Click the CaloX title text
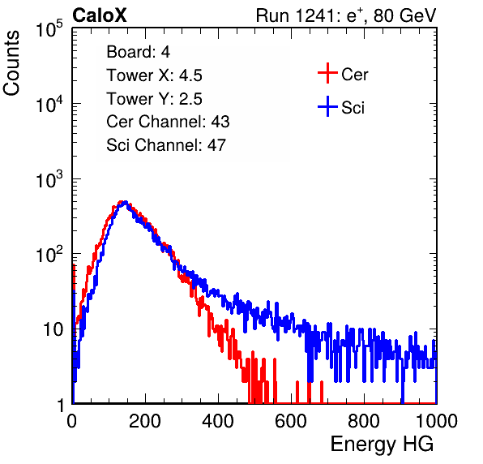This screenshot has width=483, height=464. pyautogui.click(x=100, y=15)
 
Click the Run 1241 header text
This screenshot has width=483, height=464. pyautogui.click(x=346, y=15)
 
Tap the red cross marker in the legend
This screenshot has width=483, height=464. pyautogui.click(x=327, y=73)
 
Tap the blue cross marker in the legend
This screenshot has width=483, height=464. pyautogui.click(x=327, y=106)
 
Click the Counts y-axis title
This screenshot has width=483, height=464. pyautogui.click(x=11, y=63)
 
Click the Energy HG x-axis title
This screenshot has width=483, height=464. pyautogui.click(x=382, y=445)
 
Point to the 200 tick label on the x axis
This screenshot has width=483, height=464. pyautogui.click(x=145, y=421)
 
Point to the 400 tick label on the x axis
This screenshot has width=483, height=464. pyautogui.click(x=218, y=421)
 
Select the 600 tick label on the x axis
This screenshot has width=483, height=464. pyautogui.click(x=291, y=421)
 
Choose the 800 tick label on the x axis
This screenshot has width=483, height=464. pyautogui.click(x=364, y=421)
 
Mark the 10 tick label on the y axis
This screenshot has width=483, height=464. pyautogui.click(x=53, y=329)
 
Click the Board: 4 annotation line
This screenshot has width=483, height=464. pyautogui.click(x=138, y=52)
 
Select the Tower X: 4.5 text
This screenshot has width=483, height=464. pyautogui.click(x=154, y=75)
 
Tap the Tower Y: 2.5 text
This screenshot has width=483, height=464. pyautogui.click(x=154, y=99)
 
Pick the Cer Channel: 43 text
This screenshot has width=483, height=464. pyautogui.click(x=168, y=122)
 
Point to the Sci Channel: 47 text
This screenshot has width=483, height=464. pyautogui.click(x=166, y=145)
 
